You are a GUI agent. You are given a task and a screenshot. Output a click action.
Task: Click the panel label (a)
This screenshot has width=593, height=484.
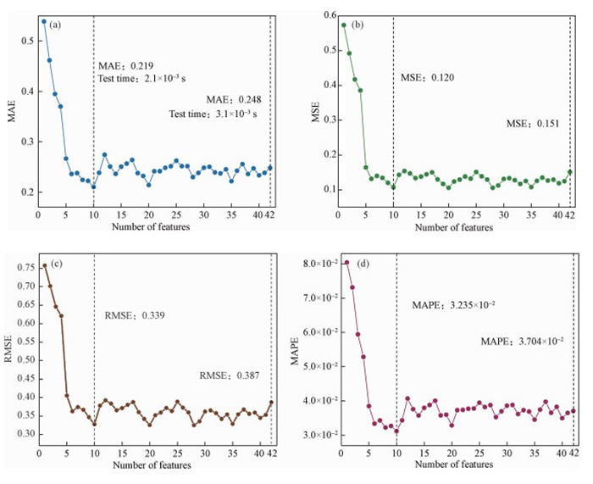tap(56, 24)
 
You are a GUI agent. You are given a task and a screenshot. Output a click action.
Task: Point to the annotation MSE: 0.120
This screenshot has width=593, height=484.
tap(427, 78)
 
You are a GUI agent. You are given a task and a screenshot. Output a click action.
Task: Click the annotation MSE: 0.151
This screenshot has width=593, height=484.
tap(534, 124)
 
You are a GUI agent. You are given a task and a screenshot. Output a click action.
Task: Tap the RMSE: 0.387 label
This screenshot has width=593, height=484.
tap(230, 375)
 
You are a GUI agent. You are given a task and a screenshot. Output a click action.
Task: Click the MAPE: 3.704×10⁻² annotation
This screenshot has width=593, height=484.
tap(523, 341)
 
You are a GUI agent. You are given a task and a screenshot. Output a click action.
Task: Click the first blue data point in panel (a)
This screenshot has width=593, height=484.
tap(44, 21)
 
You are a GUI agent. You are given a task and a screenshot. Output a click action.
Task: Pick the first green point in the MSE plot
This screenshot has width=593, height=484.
tap(344, 25)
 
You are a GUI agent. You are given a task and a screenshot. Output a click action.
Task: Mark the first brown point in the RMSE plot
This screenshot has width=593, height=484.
tap(44, 266)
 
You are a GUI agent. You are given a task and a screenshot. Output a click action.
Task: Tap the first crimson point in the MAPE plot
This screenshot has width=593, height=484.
tap(347, 263)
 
